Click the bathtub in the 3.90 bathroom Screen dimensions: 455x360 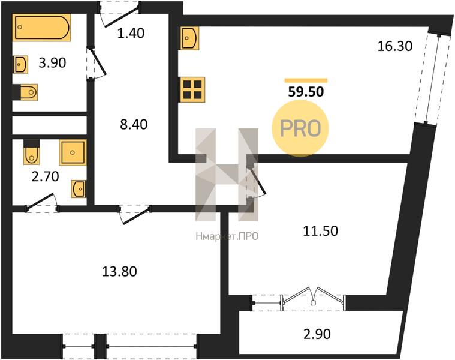tap(42, 27)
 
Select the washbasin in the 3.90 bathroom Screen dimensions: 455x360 tap(21, 64)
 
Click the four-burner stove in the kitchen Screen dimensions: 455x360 tap(192, 90)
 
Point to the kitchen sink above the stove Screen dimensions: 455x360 tap(190, 38)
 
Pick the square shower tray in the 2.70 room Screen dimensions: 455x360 tap(73, 153)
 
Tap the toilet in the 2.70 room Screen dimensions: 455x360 tap(31, 152)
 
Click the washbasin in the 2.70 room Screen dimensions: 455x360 tap(79, 189)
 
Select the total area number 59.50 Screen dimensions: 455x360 tap(306, 92)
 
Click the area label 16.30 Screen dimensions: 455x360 tap(395, 46)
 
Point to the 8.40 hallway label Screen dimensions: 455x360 tap(134, 125)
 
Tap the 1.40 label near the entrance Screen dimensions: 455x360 tap(131, 34)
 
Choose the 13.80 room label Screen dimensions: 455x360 tap(119, 272)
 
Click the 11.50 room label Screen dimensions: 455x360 tap(320, 231)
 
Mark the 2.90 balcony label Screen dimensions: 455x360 tap(317, 334)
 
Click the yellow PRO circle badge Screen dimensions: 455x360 tap(300, 128)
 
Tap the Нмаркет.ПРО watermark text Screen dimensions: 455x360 tap(227, 237)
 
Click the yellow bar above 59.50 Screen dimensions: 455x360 tap(306, 81)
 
